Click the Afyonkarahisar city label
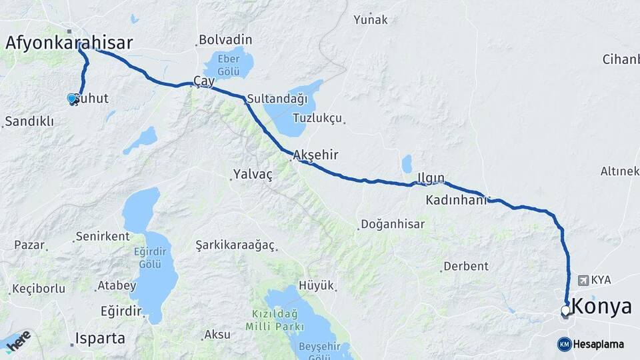pyautogui.click(x=69, y=43)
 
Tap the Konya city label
pyautogui.click(x=602, y=307)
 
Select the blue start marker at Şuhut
pyautogui.click(x=72, y=99)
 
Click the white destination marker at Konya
pyautogui.click(x=565, y=310)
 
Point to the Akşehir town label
pyautogui.click(x=316, y=155)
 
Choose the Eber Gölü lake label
pyautogui.click(x=228, y=64)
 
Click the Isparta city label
pyautogui.click(x=100, y=338)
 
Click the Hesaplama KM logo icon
pyautogui.click(x=564, y=344)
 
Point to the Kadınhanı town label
pyautogui.click(x=457, y=200)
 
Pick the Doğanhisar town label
pyautogui.click(x=393, y=224)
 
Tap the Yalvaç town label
pyautogui.click(x=253, y=175)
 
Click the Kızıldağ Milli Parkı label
pyautogui.click(x=275, y=320)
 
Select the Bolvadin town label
pyautogui.click(x=225, y=40)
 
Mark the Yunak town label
pyautogui.click(x=371, y=19)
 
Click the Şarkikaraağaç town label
pyautogui.click(x=235, y=245)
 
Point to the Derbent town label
pyautogui.click(x=466, y=266)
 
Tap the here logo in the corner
pyautogui.click(x=17, y=339)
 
